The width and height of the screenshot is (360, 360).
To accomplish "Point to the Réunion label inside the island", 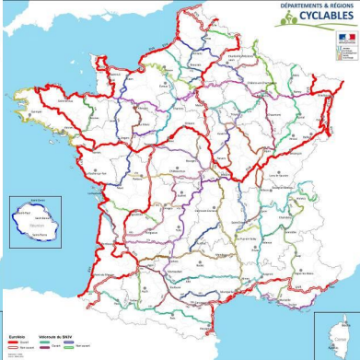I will pos(36,224).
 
